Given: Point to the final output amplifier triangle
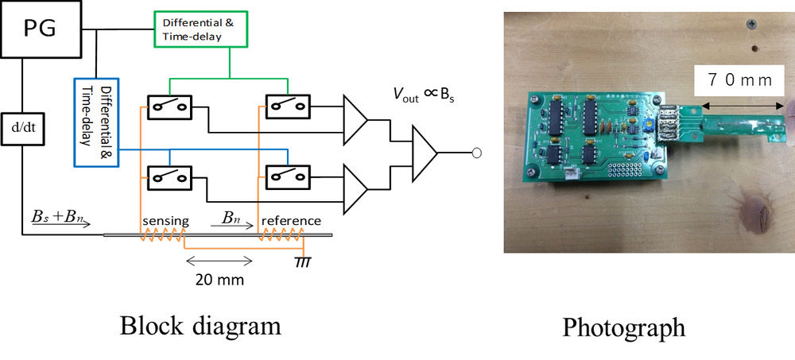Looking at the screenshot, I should click(x=424, y=151).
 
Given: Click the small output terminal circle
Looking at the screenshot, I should click(x=476, y=152).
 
